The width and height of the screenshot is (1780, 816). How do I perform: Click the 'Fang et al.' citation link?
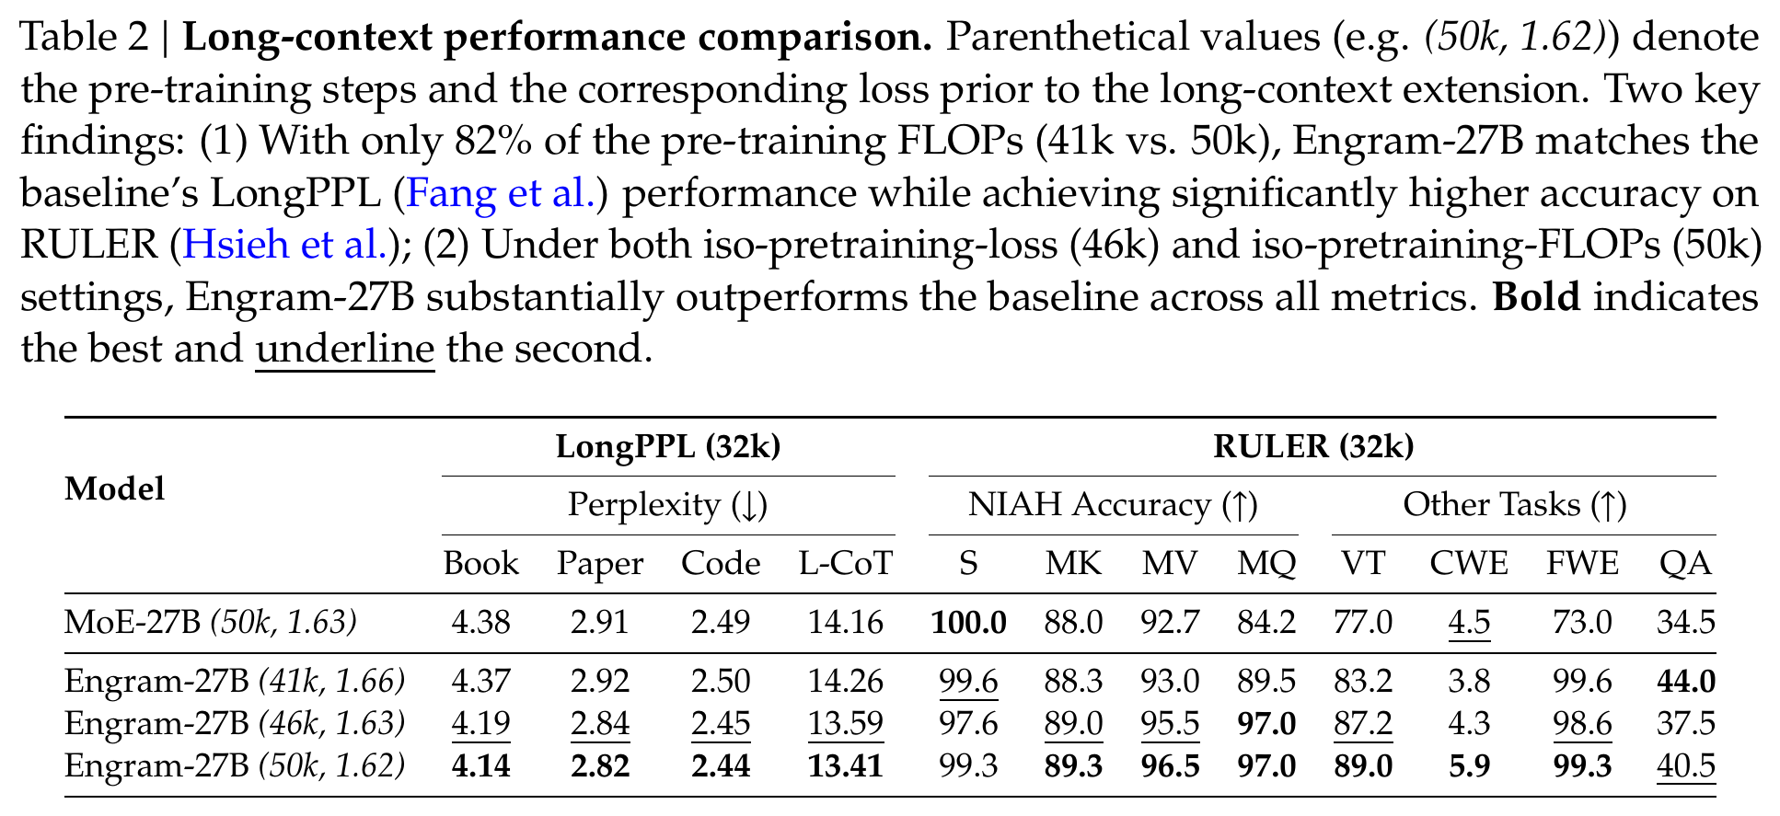click(503, 193)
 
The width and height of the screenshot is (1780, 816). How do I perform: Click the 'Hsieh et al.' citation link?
click(285, 245)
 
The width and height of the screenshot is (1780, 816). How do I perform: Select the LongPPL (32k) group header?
click(668, 447)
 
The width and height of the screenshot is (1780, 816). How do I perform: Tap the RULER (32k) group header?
click(1313, 447)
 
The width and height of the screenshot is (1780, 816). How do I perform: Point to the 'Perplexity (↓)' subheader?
click(668, 505)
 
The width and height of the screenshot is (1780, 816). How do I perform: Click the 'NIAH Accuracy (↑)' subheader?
click(1113, 505)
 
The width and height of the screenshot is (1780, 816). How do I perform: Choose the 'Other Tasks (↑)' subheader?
click(1515, 505)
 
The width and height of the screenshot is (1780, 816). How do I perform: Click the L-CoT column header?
click(846, 564)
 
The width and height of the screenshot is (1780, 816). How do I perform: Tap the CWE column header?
click(1469, 564)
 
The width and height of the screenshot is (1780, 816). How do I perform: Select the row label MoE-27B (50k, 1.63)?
click(211, 624)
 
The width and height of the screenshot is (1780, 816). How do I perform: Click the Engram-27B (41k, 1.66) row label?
click(235, 682)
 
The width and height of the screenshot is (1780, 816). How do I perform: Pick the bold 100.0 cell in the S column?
click(968, 624)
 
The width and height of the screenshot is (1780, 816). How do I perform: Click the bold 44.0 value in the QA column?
click(1686, 682)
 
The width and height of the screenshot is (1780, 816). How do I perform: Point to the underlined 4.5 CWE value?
click(1469, 624)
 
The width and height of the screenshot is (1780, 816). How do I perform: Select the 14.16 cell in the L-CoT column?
click(846, 624)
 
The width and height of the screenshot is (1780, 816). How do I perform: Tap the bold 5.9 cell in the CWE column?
click(1469, 766)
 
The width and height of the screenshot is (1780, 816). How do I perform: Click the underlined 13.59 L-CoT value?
click(846, 724)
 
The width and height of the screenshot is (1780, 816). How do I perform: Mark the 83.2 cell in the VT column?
click(1363, 682)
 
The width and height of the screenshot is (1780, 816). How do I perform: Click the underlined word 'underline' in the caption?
click(344, 350)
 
